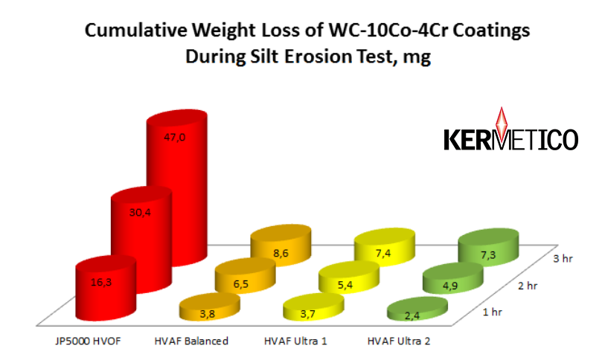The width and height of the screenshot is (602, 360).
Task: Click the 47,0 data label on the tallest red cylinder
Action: tap(175, 137)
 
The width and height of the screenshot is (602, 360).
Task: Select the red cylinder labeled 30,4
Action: tap(141, 240)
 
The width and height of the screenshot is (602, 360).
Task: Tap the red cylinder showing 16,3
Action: tap(106, 288)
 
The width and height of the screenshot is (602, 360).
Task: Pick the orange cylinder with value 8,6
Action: tap(281, 243)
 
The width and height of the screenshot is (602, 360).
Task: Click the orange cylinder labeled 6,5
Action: tap(245, 275)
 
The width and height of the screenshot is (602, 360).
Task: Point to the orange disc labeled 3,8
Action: tap(210, 306)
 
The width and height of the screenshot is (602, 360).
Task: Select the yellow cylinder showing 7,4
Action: tap(384, 246)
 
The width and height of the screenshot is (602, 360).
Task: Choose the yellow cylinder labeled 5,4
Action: tap(349, 277)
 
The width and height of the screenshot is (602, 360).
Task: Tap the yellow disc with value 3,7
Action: tap(313, 306)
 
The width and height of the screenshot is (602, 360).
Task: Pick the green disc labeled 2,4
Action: tap(417, 309)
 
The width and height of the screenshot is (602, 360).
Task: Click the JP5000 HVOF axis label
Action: tap(88, 341)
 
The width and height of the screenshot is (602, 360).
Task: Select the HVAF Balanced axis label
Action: tap(191, 341)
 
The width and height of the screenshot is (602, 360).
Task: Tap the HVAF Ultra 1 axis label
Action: tap(295, 341)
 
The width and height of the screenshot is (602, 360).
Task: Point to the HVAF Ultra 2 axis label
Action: tap(399, 341)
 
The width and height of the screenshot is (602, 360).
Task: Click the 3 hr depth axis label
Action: tap(563, 259)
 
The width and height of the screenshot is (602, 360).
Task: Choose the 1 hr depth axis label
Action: tap(492, 312)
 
